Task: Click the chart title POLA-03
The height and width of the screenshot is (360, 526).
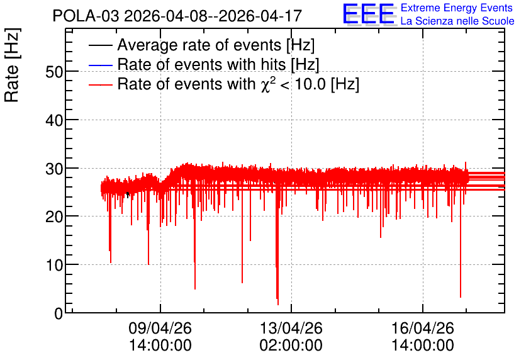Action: coord(86,16)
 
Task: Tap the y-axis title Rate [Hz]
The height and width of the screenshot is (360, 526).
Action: coord(12,65)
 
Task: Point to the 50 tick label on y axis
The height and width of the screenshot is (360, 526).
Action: coord(54,72)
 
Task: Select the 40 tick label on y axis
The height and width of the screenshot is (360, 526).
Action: coord(54,120)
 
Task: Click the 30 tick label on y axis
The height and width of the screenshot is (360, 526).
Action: coord(54,169)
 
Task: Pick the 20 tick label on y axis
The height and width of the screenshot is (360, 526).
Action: coord(54,217)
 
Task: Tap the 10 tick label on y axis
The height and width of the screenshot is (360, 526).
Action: coord(54,266)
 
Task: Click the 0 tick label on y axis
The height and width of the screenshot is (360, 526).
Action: coord(59,313)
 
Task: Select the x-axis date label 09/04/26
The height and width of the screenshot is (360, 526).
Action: coord(160,328)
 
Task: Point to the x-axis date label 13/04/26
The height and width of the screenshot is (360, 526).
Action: coord(291,328)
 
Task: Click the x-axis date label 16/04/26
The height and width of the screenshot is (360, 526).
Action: coord(423,328)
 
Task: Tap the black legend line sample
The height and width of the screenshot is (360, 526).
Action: coord(100,45)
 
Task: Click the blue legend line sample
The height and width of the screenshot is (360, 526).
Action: coord(100,65)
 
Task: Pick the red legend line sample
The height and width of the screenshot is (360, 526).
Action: coord(100,84)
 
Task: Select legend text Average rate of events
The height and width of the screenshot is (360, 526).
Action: coord(199,45)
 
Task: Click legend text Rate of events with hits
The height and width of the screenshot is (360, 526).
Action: coord(201,64)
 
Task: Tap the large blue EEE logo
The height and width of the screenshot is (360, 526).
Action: coord(369,14)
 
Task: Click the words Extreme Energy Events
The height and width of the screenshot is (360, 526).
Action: coord(457,8)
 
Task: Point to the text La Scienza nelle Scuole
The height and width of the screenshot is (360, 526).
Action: coord(457,21)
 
